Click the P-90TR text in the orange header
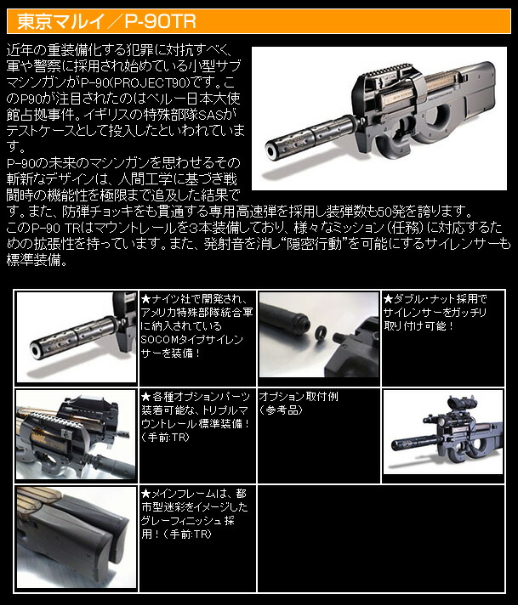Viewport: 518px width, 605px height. click(160, 21)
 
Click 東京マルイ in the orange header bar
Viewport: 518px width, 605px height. click(59, 21)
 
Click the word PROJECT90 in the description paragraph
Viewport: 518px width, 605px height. click(162, 82)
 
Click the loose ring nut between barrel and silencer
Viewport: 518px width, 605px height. click(320, 332)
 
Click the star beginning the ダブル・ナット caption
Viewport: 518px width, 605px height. click(388, 298)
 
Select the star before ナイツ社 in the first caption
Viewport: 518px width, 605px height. click(145, 298)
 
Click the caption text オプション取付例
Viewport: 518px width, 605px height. click(299, 397)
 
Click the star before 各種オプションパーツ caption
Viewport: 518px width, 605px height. click(145, 397)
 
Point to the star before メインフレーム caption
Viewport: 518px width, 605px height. click(145, 494)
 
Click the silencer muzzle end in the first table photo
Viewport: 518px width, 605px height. click(37, 350)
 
